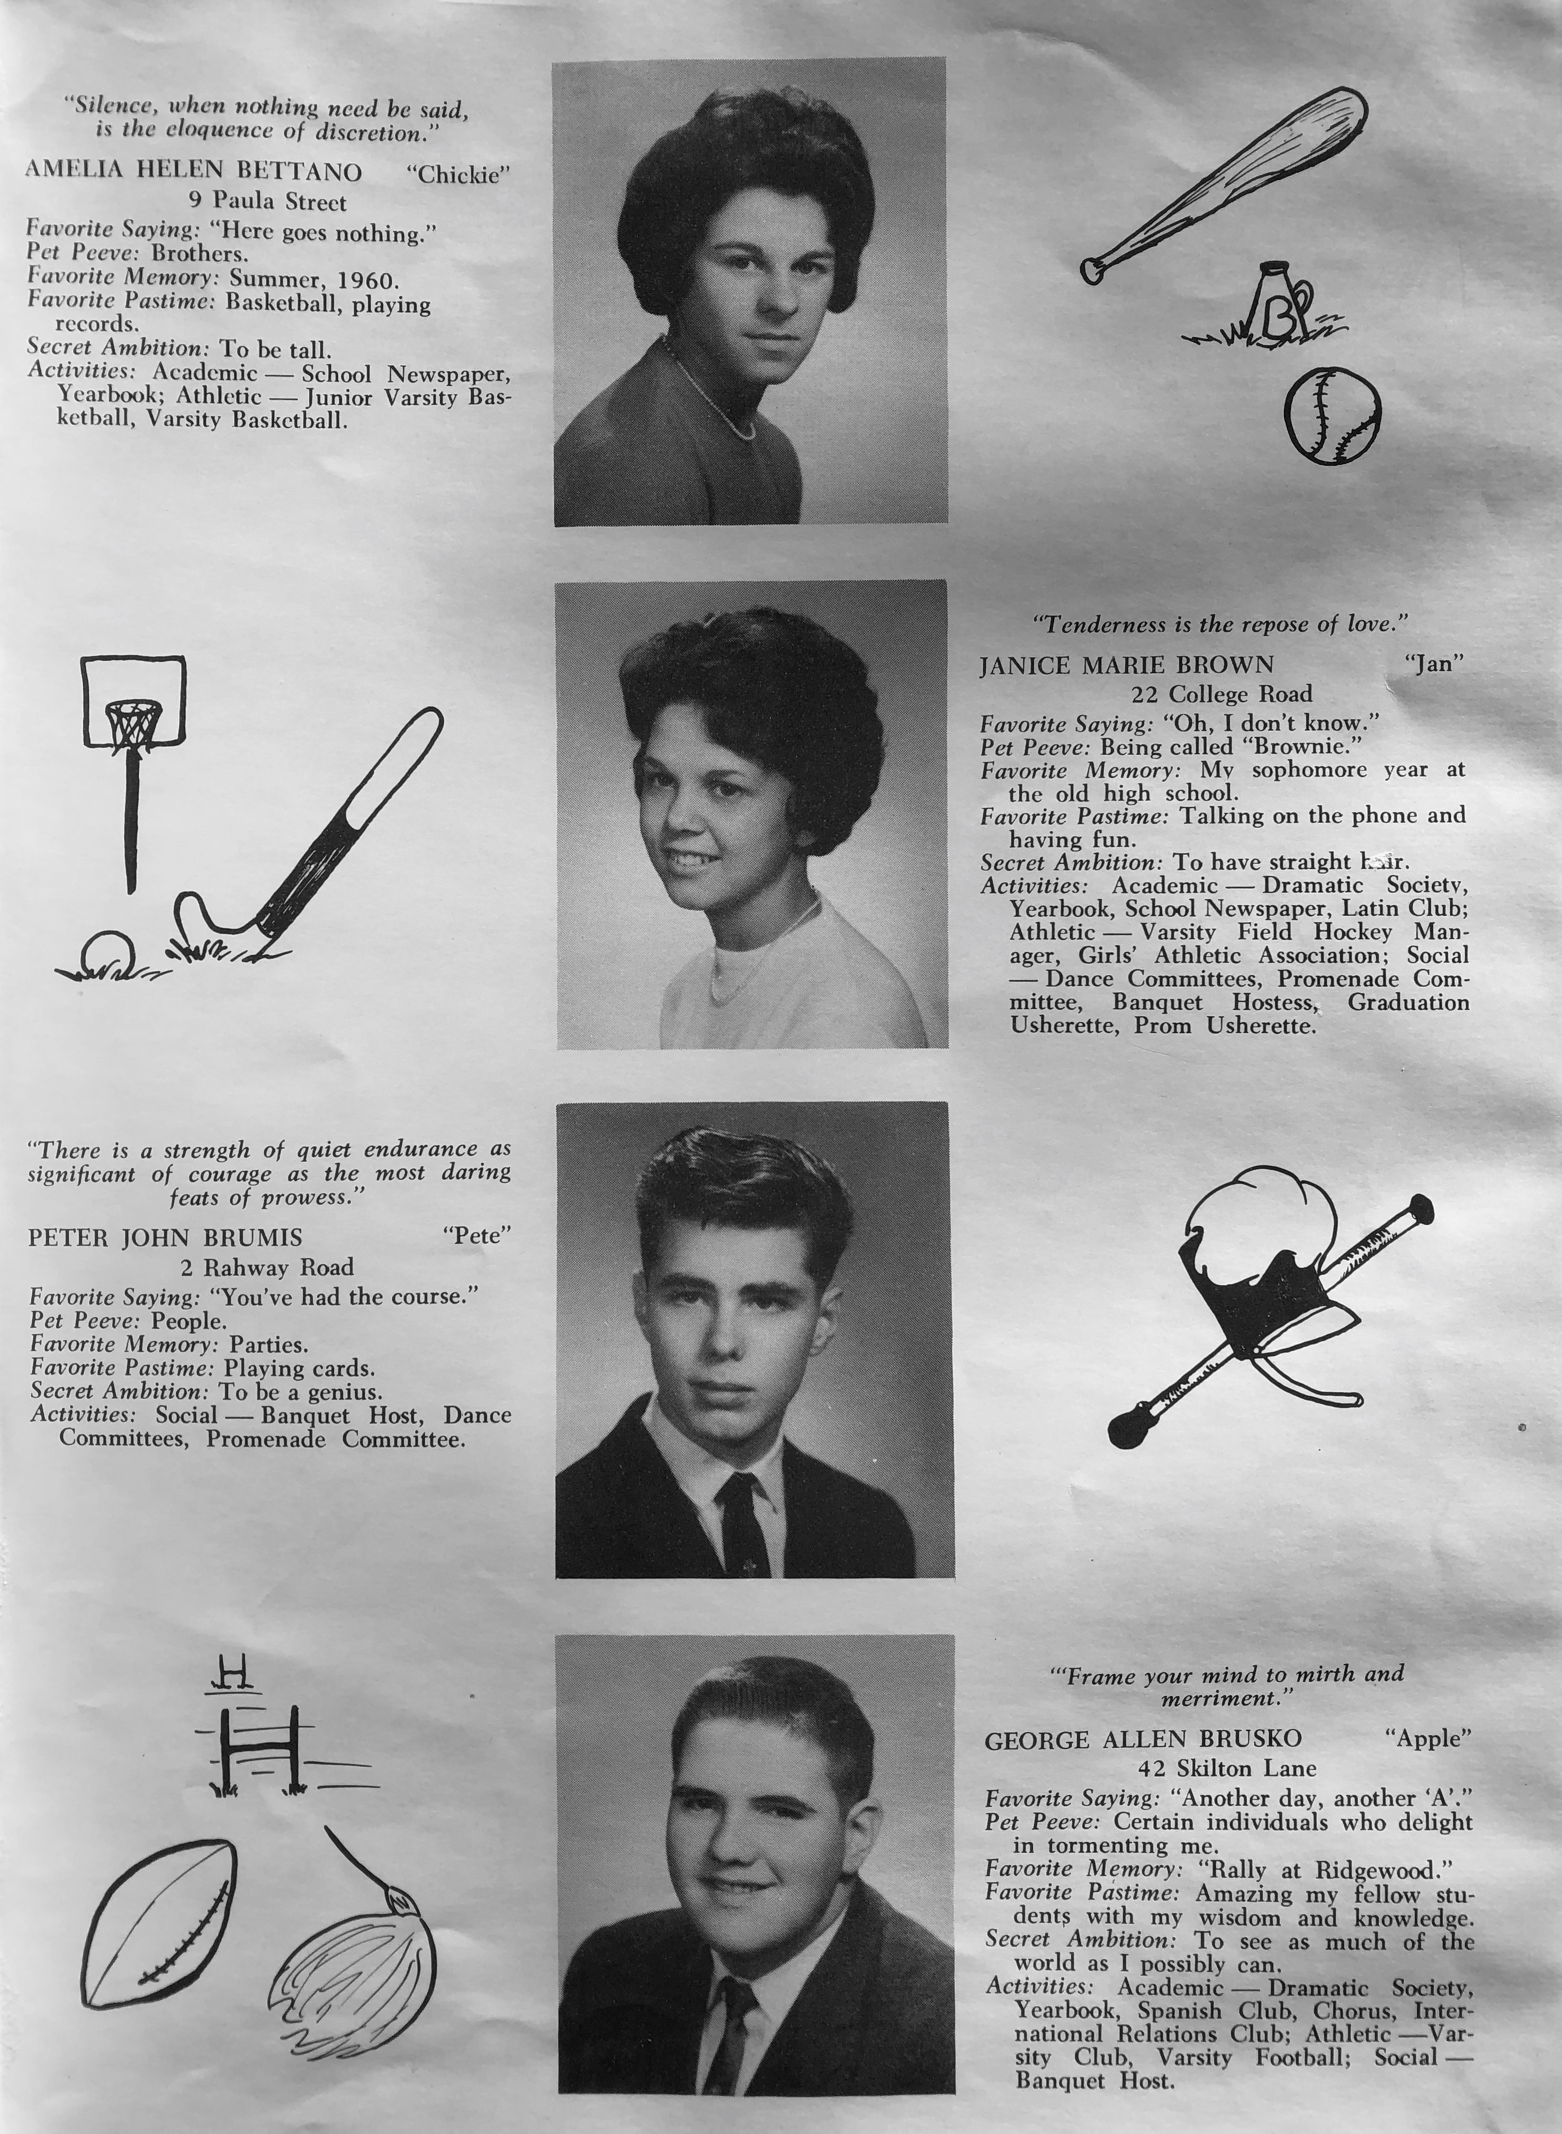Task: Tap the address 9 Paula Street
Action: pyautogui.click(x=267, y=202)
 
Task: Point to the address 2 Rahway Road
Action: pyautogui.click(x=267, y=1268)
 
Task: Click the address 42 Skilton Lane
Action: pyautogui.click(x=1226, y=1768)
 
